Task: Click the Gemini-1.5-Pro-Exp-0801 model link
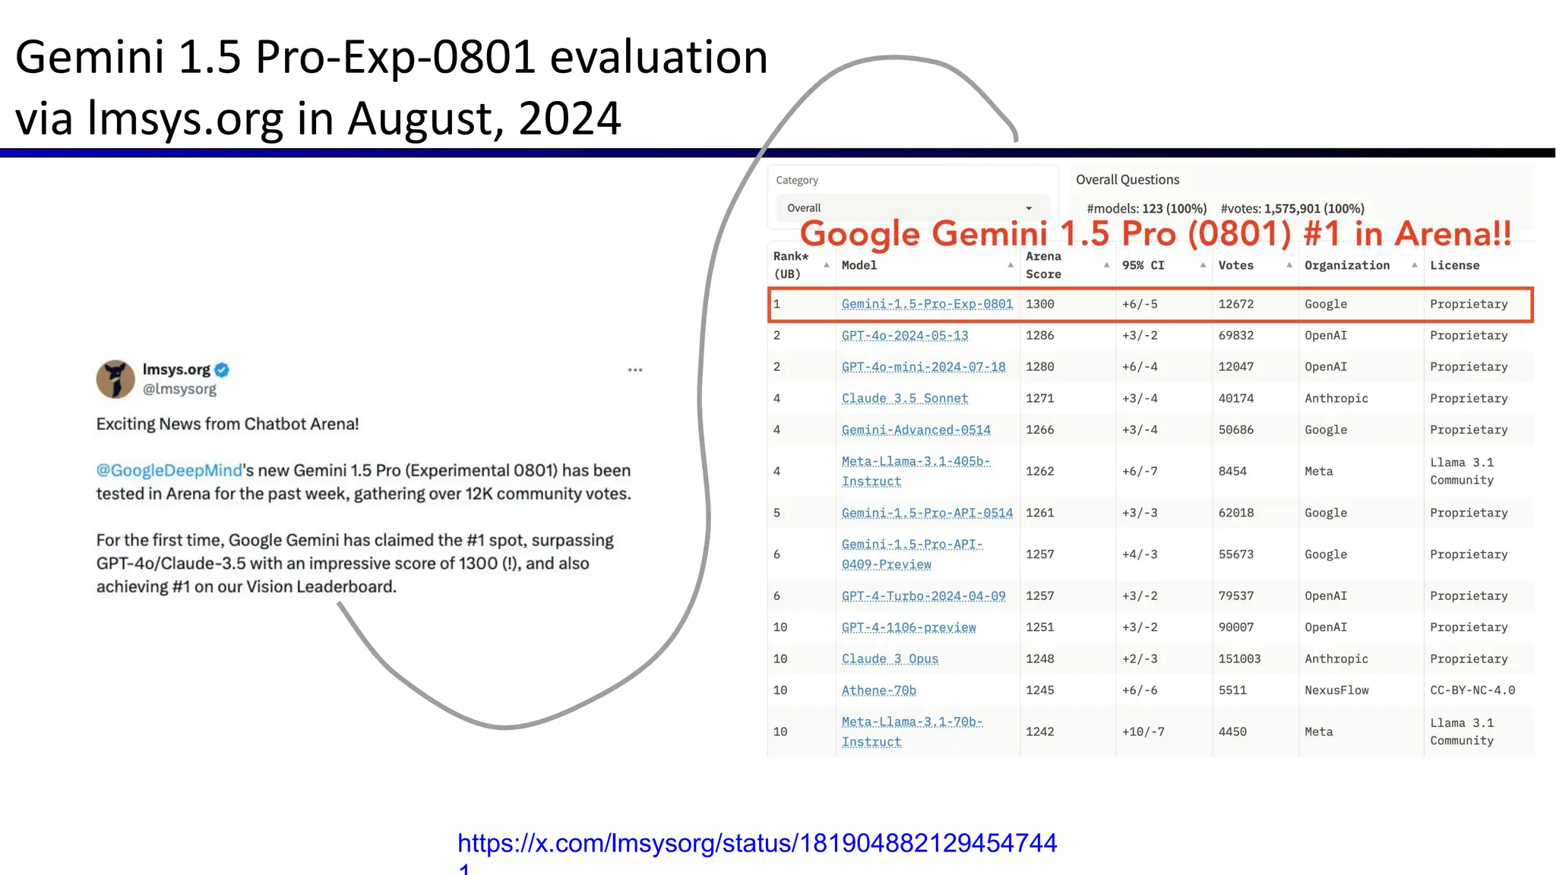(927, 304)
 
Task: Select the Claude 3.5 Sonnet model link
(904, 398)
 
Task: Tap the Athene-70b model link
(878, 690)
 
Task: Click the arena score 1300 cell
(1039, 304)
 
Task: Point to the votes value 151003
(1239, 659)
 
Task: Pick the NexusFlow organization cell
(1336, 690)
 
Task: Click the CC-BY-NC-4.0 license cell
(1472, 690)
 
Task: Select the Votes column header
(1235, 265)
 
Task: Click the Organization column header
(1346, 265)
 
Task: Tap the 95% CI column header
(1143, 265)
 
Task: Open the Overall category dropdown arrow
(1029, 208)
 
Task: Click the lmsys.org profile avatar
(115, 379)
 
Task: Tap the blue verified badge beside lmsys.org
(222, 370)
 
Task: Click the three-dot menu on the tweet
(635, 370)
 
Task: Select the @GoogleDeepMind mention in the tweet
(169, 470)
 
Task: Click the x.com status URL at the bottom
(757, 843)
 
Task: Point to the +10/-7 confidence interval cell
(1143, 731)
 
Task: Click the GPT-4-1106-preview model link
(908, 627)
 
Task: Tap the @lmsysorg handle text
(179, 389)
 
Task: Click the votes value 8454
(1232, 471)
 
